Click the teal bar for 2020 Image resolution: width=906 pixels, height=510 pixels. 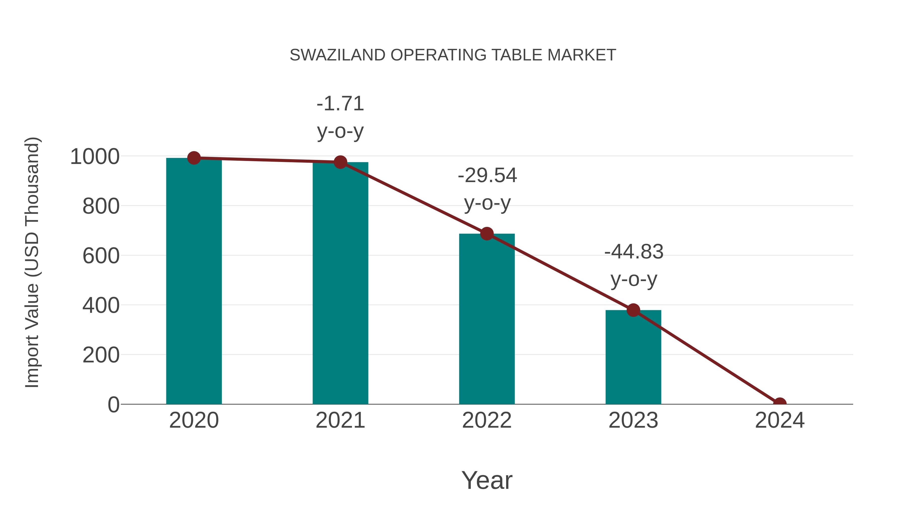194,282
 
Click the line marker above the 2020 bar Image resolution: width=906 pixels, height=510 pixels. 194,158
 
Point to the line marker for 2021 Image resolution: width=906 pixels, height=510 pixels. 340,162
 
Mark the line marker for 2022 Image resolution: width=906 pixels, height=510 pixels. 487,233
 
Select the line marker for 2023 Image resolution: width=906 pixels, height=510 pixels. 633,310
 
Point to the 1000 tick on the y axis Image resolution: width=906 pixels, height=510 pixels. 95,157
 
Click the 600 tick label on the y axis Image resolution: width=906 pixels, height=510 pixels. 101,256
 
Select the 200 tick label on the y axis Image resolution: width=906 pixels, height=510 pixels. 101,355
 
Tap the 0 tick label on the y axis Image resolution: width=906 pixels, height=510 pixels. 113,405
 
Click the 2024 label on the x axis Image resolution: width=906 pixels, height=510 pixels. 779,420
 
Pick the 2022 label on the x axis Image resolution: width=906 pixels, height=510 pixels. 487,420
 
